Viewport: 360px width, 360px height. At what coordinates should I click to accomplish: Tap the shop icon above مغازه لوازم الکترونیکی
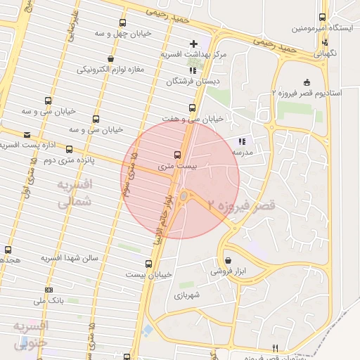tap(110, 58)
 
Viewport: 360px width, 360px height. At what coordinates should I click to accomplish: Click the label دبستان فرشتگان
tap(187, 81)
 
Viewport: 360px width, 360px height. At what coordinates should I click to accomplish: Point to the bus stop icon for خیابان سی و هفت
tap(192, 108)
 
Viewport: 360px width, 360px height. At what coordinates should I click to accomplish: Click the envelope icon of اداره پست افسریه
tap(27, 134)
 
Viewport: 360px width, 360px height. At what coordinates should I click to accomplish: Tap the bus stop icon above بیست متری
tap(176, 155)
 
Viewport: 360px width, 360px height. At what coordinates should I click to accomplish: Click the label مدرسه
tap(243, 152)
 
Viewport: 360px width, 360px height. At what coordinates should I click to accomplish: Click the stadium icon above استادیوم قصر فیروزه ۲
tap(306, 82)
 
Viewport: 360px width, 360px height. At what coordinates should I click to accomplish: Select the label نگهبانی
tap(325, 53)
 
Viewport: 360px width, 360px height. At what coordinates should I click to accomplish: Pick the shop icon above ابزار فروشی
tap(228, 259)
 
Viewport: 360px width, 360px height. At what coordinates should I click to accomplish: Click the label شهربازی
tap(187, 295)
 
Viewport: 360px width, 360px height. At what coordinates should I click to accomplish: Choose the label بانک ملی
tap(71, 301)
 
